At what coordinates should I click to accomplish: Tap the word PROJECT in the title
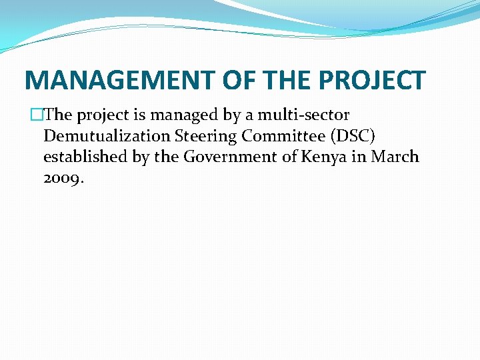372,81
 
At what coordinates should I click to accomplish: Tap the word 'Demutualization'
107,136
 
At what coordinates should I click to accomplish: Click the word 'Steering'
204,136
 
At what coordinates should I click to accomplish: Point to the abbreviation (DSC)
353,136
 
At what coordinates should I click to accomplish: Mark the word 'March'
395,157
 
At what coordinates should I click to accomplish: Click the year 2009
63,179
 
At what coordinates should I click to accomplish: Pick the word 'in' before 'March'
360,157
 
